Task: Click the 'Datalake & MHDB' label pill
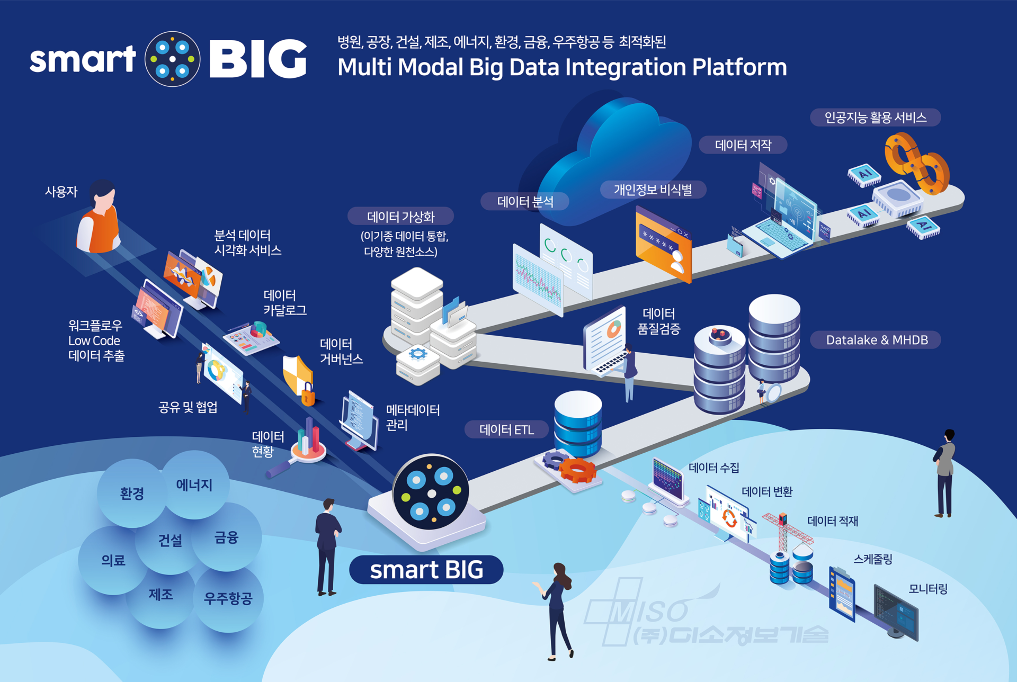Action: [x=876, y=340]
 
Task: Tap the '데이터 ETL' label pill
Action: [x=506, y=429]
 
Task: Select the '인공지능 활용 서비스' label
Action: [x=875, y=118]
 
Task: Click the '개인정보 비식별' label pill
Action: [x=653, y=190]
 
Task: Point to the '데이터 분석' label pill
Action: [x=525, y=201]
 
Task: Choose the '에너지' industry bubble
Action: [x=194, y=484]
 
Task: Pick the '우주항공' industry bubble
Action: [x=228, y=598]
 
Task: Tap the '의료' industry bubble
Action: [x=113, y=560]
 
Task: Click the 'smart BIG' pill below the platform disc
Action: [x=426, y=570]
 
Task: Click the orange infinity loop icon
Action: [x=916, y=163]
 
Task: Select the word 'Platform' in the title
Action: [x=739, y=67]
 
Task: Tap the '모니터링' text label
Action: [x=928, y=589]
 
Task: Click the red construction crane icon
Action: [x=784, y=530]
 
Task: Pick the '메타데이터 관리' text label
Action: [x=413, y=417]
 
